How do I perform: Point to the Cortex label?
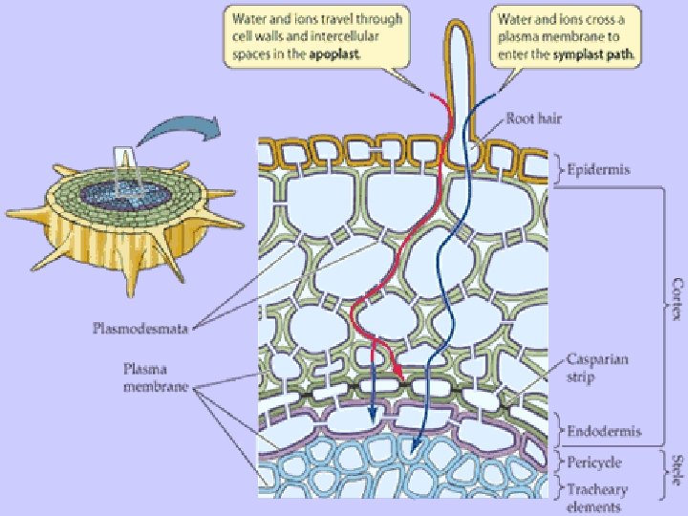coord(677,299)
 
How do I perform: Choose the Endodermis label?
coord(602,431)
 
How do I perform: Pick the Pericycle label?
coord(594,462)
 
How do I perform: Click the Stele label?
coord(677,470)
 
